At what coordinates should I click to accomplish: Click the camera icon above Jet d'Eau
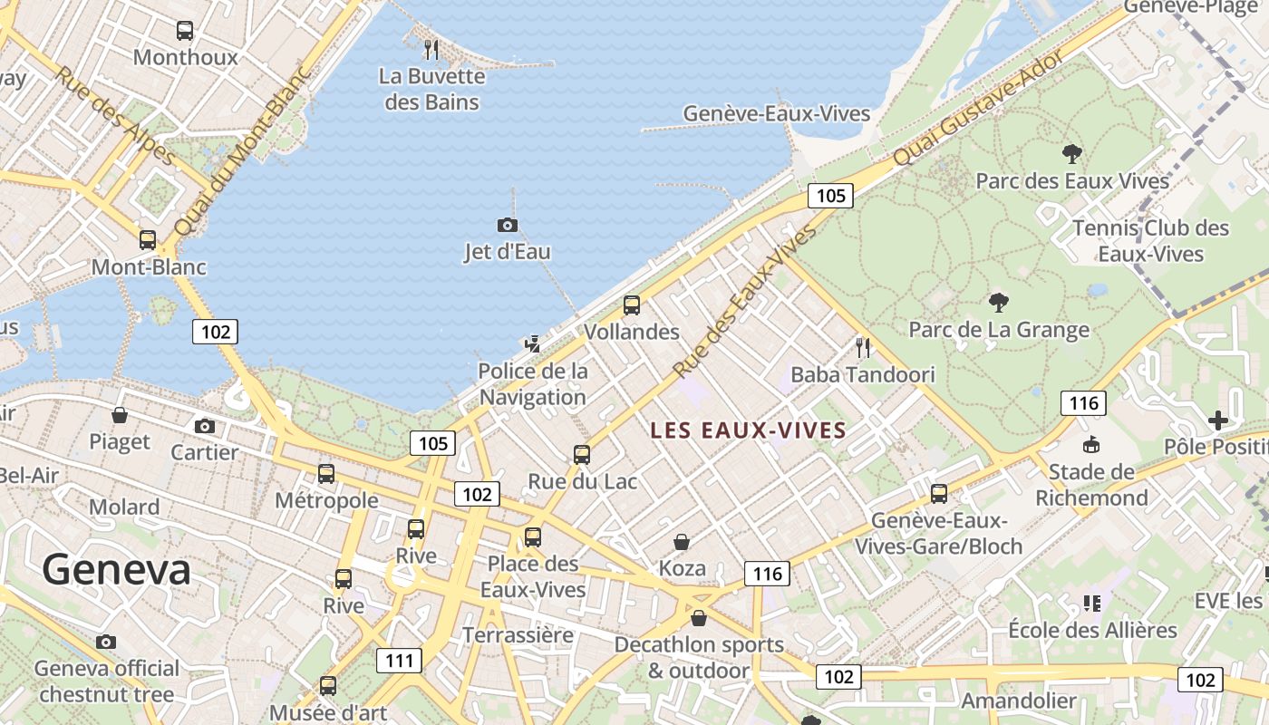coord(508,225)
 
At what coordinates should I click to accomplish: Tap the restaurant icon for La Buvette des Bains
coord(431,49)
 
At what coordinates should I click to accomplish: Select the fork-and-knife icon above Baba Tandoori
coord(863,347)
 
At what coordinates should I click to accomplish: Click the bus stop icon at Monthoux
coord(185,31)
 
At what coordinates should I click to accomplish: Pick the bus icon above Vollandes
coord(632,305)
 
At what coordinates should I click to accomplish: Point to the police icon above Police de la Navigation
coord(533,343)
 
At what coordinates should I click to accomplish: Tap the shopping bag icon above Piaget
coord(120,415)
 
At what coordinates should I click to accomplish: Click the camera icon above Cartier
coord(205,426)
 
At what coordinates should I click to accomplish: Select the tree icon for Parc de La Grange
coord(999,302)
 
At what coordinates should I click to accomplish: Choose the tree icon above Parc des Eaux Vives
coord(1072,153)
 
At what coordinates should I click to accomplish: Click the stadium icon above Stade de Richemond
coord(1091,444)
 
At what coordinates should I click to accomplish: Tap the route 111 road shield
coord(400,660)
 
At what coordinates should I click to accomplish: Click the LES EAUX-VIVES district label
coord(748,430)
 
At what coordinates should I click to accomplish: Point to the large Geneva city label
coord(116,570)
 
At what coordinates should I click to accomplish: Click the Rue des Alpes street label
coord(115,116)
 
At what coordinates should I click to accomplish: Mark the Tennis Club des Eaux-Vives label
coord(1150,240)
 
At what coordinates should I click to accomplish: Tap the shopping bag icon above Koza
coord(682,542)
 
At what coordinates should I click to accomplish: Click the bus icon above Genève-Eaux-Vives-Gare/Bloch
coord(939,494)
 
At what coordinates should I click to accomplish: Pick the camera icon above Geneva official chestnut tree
coord(106,643)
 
